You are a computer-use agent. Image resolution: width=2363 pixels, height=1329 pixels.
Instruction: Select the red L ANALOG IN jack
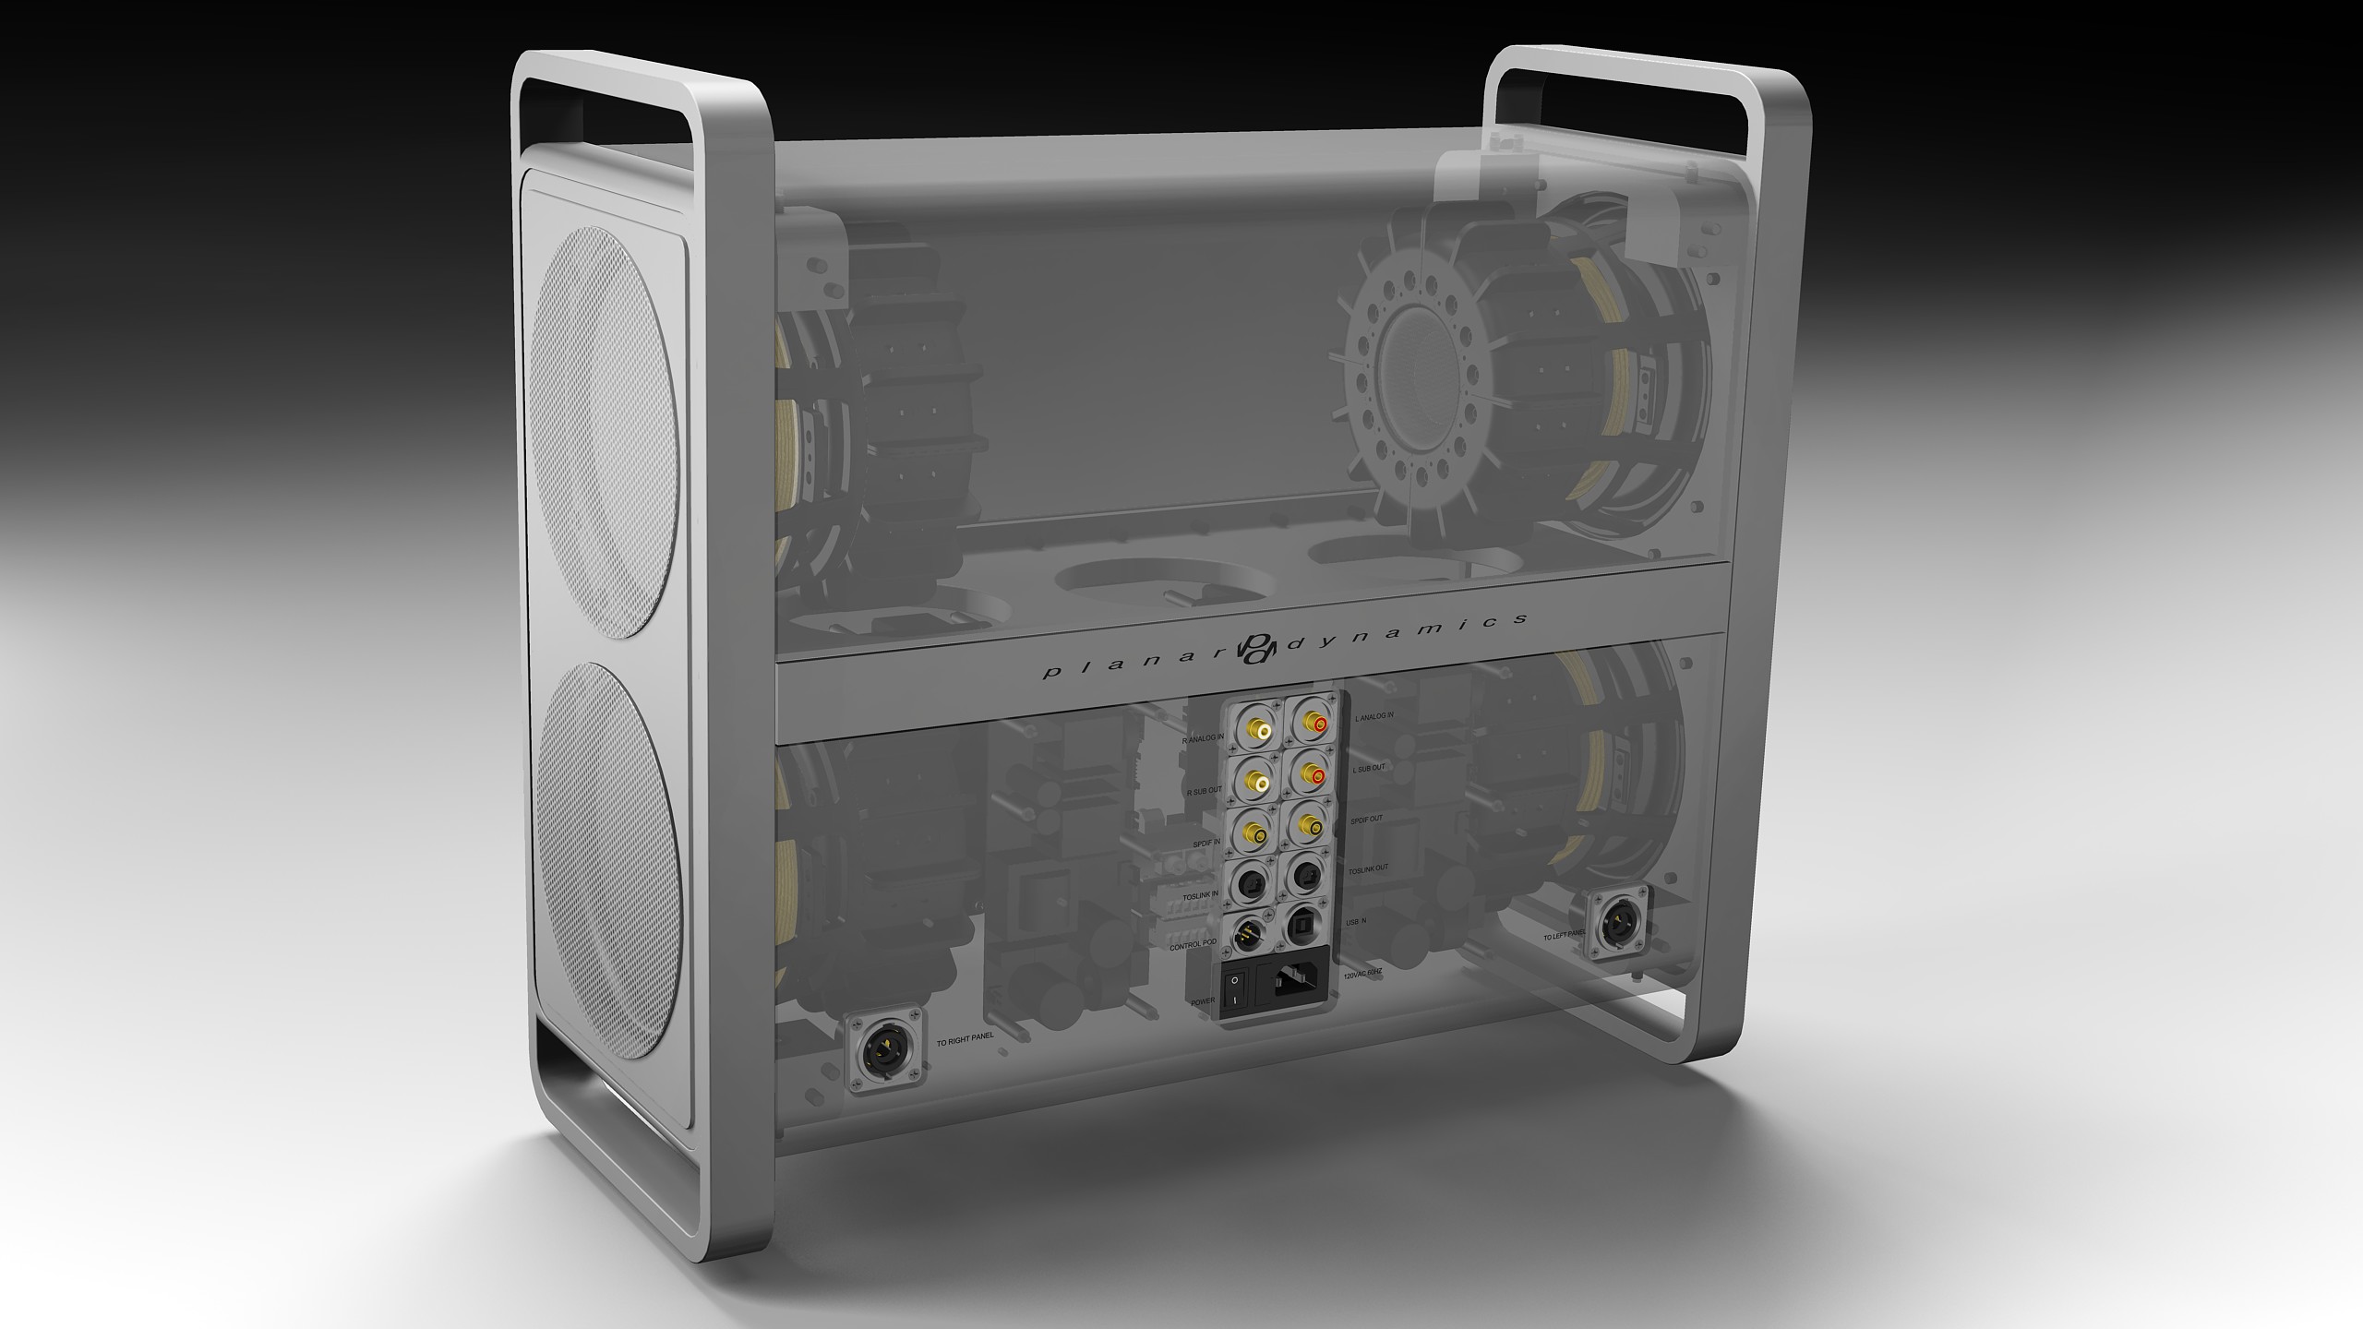tap(1312, 724)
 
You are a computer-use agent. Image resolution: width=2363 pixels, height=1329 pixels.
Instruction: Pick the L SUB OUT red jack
tap(1312, 776)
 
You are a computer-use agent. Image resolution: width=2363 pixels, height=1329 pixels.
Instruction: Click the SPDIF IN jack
tap(1256, 835)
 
